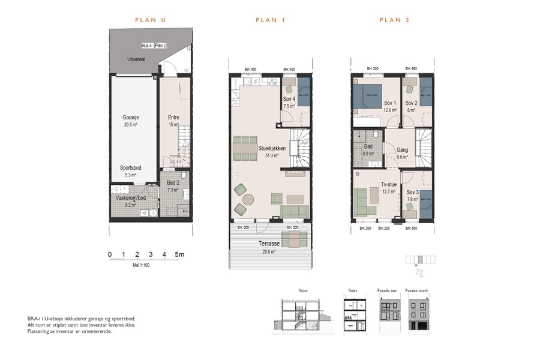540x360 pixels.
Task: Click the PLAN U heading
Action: pyautogui.click(x=150, y=20)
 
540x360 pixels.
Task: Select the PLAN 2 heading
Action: pyautogui.click(x=394, y=20)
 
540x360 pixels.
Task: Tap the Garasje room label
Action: pyautogui.click(x=131, y=118)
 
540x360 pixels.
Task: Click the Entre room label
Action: pyautogui.click(x=173, y=118)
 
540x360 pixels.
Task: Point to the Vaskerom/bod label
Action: pyautogui.click(x=130, y=197)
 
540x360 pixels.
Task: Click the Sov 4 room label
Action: pyautogui.click(x=289, y=99)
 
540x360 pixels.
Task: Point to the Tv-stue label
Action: pyautogui.click(x=390, y=185)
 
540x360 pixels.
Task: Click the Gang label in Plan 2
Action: pyautogui.click(x=402, y=149)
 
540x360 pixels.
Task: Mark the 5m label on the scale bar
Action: pyautogui.click(x=179, y=255)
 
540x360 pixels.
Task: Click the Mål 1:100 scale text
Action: pyautogui.click(x=140, y=265)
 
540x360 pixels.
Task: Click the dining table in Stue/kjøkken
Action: pyautogui.click(x=245, y=148)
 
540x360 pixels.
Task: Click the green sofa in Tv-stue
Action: pyautogui.click(x=362, y=202)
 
